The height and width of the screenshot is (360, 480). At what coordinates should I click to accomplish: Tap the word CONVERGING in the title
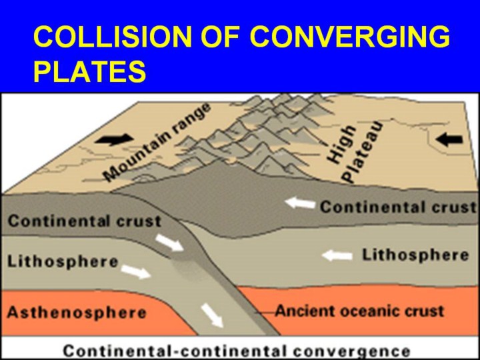tap(350, 36)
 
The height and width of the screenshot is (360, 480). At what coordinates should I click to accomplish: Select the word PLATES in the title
tap(90, 71)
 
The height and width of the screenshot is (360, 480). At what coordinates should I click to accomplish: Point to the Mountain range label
tap(157, 142)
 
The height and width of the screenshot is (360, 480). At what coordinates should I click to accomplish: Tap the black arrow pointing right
tap(114, 139)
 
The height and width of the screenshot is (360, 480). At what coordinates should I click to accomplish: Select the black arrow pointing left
tap(449, 139)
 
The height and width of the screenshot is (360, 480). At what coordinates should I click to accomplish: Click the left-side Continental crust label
tap(85, 221)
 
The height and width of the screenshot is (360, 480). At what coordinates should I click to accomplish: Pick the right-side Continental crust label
tap(398, 207)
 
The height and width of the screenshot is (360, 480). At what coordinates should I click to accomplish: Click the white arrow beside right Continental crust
tap(300, 203)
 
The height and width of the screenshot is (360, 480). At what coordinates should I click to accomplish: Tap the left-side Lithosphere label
tap(63, 262)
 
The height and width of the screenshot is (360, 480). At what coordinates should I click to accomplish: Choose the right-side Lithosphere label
tap(415, 255)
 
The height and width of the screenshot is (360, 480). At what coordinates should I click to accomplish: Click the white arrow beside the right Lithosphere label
tap(337, 255)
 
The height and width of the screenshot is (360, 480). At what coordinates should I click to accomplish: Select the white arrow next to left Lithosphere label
tap(136, 272)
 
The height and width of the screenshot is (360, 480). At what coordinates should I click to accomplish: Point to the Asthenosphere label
tap(77, 313)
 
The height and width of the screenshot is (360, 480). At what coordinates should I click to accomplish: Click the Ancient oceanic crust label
tap(359, 311)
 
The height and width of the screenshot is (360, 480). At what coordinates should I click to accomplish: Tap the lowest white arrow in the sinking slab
tap(212, 315)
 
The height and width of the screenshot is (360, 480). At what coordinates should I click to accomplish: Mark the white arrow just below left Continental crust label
tap(169, 243)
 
